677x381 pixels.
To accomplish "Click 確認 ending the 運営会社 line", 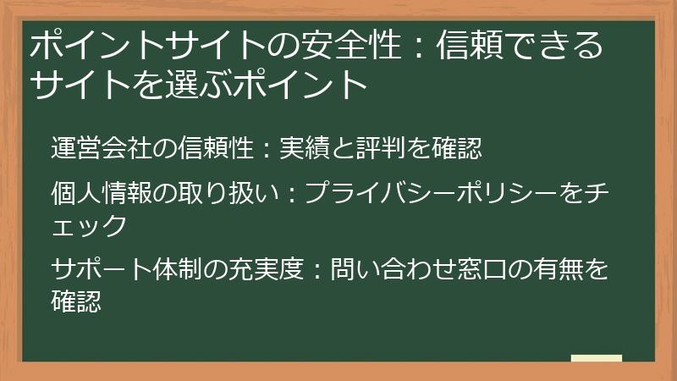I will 456,149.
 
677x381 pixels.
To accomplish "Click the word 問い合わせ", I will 368,271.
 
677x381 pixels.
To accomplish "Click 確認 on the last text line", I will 76,300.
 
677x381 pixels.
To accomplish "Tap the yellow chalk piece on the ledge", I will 596,357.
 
